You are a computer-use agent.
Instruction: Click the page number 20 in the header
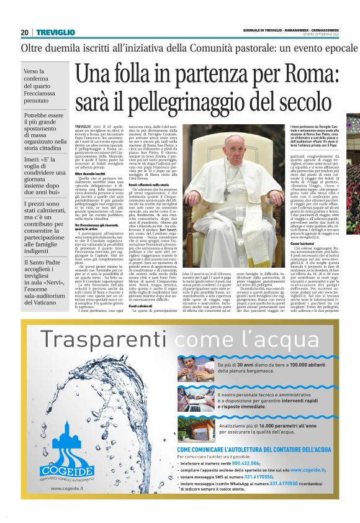pos(25,32)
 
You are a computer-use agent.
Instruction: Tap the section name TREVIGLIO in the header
pos(56,32)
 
